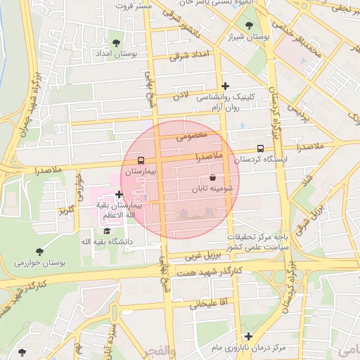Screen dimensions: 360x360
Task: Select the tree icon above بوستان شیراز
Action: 250,26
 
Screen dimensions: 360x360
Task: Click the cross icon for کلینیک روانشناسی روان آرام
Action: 225,86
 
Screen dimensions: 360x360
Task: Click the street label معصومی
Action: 191,134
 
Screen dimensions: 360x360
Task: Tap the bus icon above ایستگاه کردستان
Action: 261,149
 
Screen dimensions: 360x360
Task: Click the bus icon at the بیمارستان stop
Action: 141,160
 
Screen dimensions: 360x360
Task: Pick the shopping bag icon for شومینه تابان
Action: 212,179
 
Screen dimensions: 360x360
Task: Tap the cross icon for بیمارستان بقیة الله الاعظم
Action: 119,194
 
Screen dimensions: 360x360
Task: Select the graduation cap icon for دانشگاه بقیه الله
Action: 107,231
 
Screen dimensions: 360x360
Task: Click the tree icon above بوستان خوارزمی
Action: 39,252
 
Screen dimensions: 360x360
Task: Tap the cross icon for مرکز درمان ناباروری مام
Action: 247,336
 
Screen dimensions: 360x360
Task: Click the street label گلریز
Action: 67,210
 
